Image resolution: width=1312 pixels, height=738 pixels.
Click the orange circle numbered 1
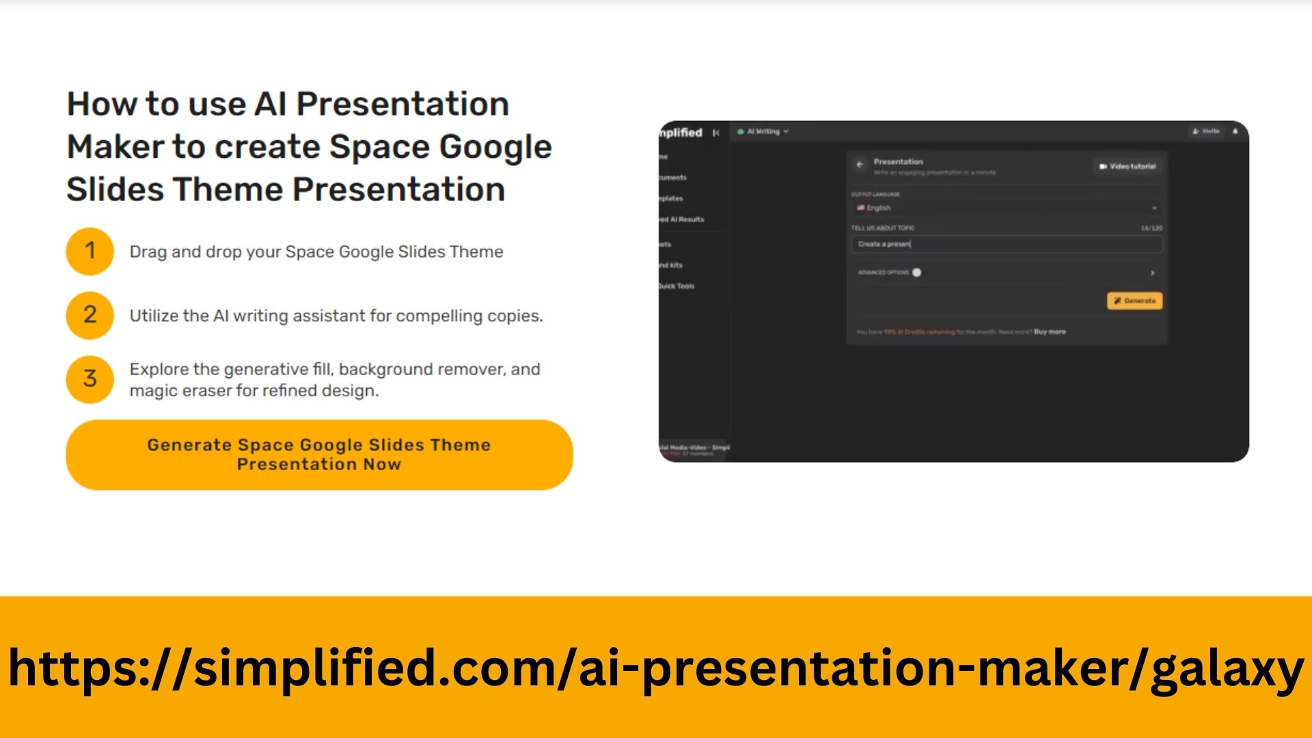click(90, 251)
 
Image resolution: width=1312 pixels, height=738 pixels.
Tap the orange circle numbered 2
click(90, 315)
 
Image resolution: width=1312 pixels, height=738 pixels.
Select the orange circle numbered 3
click(90, 379)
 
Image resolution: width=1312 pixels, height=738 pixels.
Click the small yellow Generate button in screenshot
click(1134, 301)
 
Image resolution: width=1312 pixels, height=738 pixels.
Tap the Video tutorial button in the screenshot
click(1127, 166)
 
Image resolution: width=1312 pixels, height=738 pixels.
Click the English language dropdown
click(1006, 208)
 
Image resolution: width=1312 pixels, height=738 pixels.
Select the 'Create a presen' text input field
click(1006, 244)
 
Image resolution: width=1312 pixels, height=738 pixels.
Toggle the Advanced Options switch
click(916, 273)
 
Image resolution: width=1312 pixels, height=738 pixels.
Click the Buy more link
click(1050, 332)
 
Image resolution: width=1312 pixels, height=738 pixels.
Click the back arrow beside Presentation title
click(860, 165)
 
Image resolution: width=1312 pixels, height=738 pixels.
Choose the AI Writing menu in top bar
click(764, 131)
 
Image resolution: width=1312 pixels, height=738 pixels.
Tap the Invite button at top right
click(1205, 131)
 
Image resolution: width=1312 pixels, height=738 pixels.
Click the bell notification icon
click(1235, 131)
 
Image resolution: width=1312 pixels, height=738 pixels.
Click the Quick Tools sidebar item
click(676, 286)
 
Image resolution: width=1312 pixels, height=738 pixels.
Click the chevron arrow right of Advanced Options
click(1152, 273)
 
